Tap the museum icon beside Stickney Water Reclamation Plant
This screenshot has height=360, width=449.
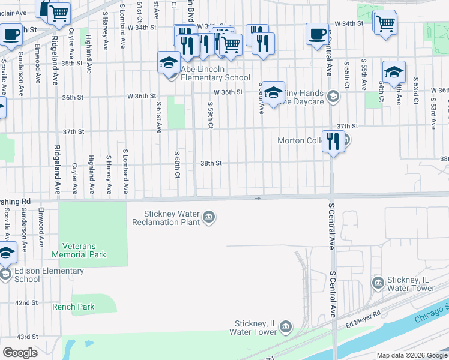[x=208, y=217]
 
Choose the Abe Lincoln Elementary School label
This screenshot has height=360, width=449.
[x=215, y=73]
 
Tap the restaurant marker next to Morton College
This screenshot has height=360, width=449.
[x=332, y=142]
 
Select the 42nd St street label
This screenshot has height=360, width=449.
[x=27, y=303]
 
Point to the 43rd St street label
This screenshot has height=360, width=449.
[x=27, y=337]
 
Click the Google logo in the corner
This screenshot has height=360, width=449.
[x=20, y=353]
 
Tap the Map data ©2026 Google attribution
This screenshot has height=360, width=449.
[x=411, y=355]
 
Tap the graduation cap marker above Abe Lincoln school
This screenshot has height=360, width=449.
[x=169, y=62]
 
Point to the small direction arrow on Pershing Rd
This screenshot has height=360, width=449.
[x=258, y=197]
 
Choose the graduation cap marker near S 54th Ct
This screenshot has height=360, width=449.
[x=393, y=72]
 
